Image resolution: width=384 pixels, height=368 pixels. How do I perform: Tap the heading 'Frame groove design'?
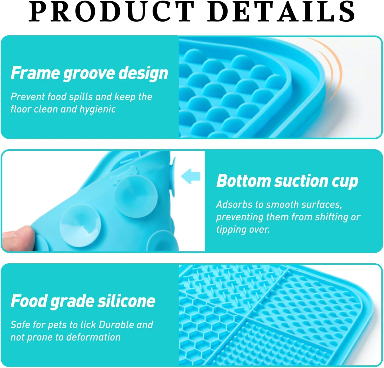click(89, 73)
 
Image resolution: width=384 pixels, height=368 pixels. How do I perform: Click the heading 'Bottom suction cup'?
click(287, 181)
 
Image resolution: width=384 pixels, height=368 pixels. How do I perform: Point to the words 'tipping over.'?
click(243, 229)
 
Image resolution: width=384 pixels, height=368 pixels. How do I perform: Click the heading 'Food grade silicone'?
click(83, 301)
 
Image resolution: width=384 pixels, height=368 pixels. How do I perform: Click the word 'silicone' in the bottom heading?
click(126, 301)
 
